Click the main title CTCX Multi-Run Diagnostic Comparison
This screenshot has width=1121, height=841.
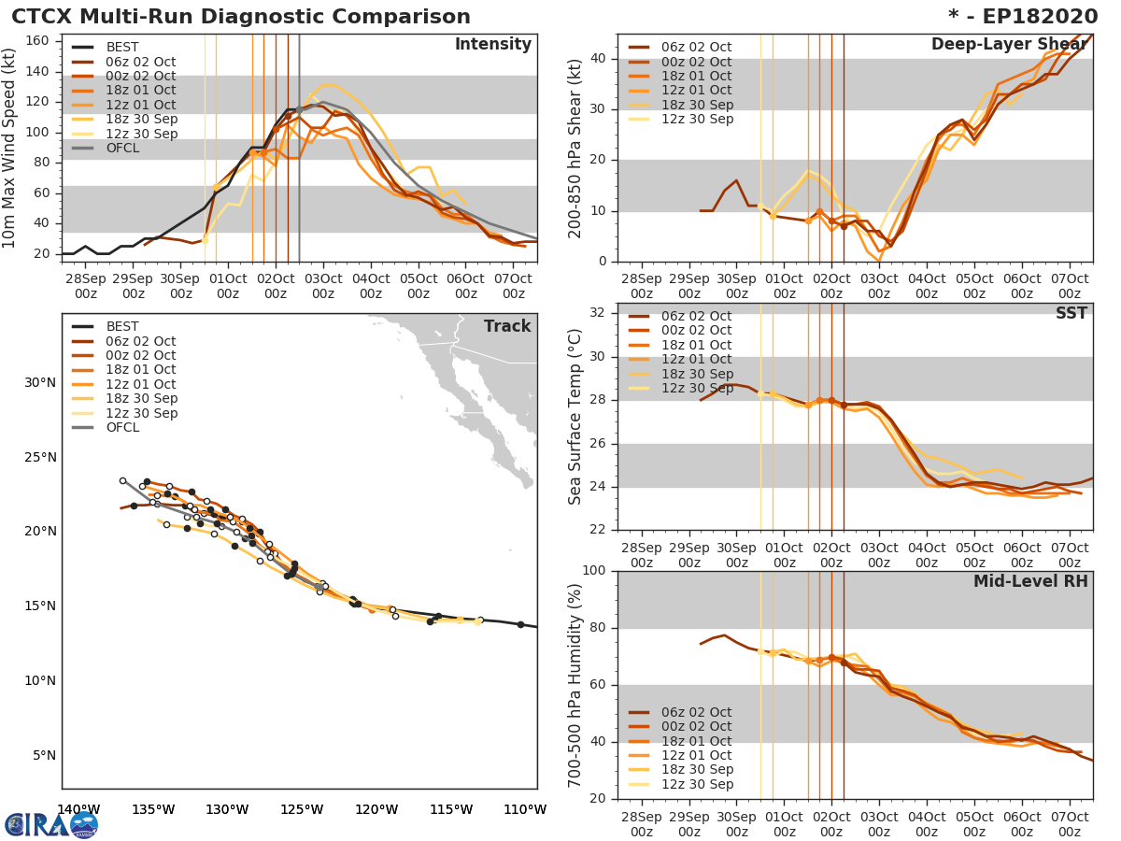[241, 17]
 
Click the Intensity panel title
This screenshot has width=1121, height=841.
[492, 45]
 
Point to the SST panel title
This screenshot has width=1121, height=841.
[1071, 313]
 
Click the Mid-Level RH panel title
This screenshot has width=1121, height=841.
[1030, 581]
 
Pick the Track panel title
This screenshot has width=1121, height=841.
[507, 326]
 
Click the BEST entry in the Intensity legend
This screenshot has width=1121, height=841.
[122, 48]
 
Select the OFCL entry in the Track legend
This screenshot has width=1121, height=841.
[122, 428]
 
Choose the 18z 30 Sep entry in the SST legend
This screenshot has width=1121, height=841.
[696, 374]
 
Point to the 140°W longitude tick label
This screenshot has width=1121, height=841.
[78, 810]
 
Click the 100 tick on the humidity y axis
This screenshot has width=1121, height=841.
[596, 571]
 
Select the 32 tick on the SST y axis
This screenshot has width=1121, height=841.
[600, 313]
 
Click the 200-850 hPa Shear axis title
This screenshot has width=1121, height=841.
[575, 148]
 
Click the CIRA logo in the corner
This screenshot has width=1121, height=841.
[50, 824]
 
